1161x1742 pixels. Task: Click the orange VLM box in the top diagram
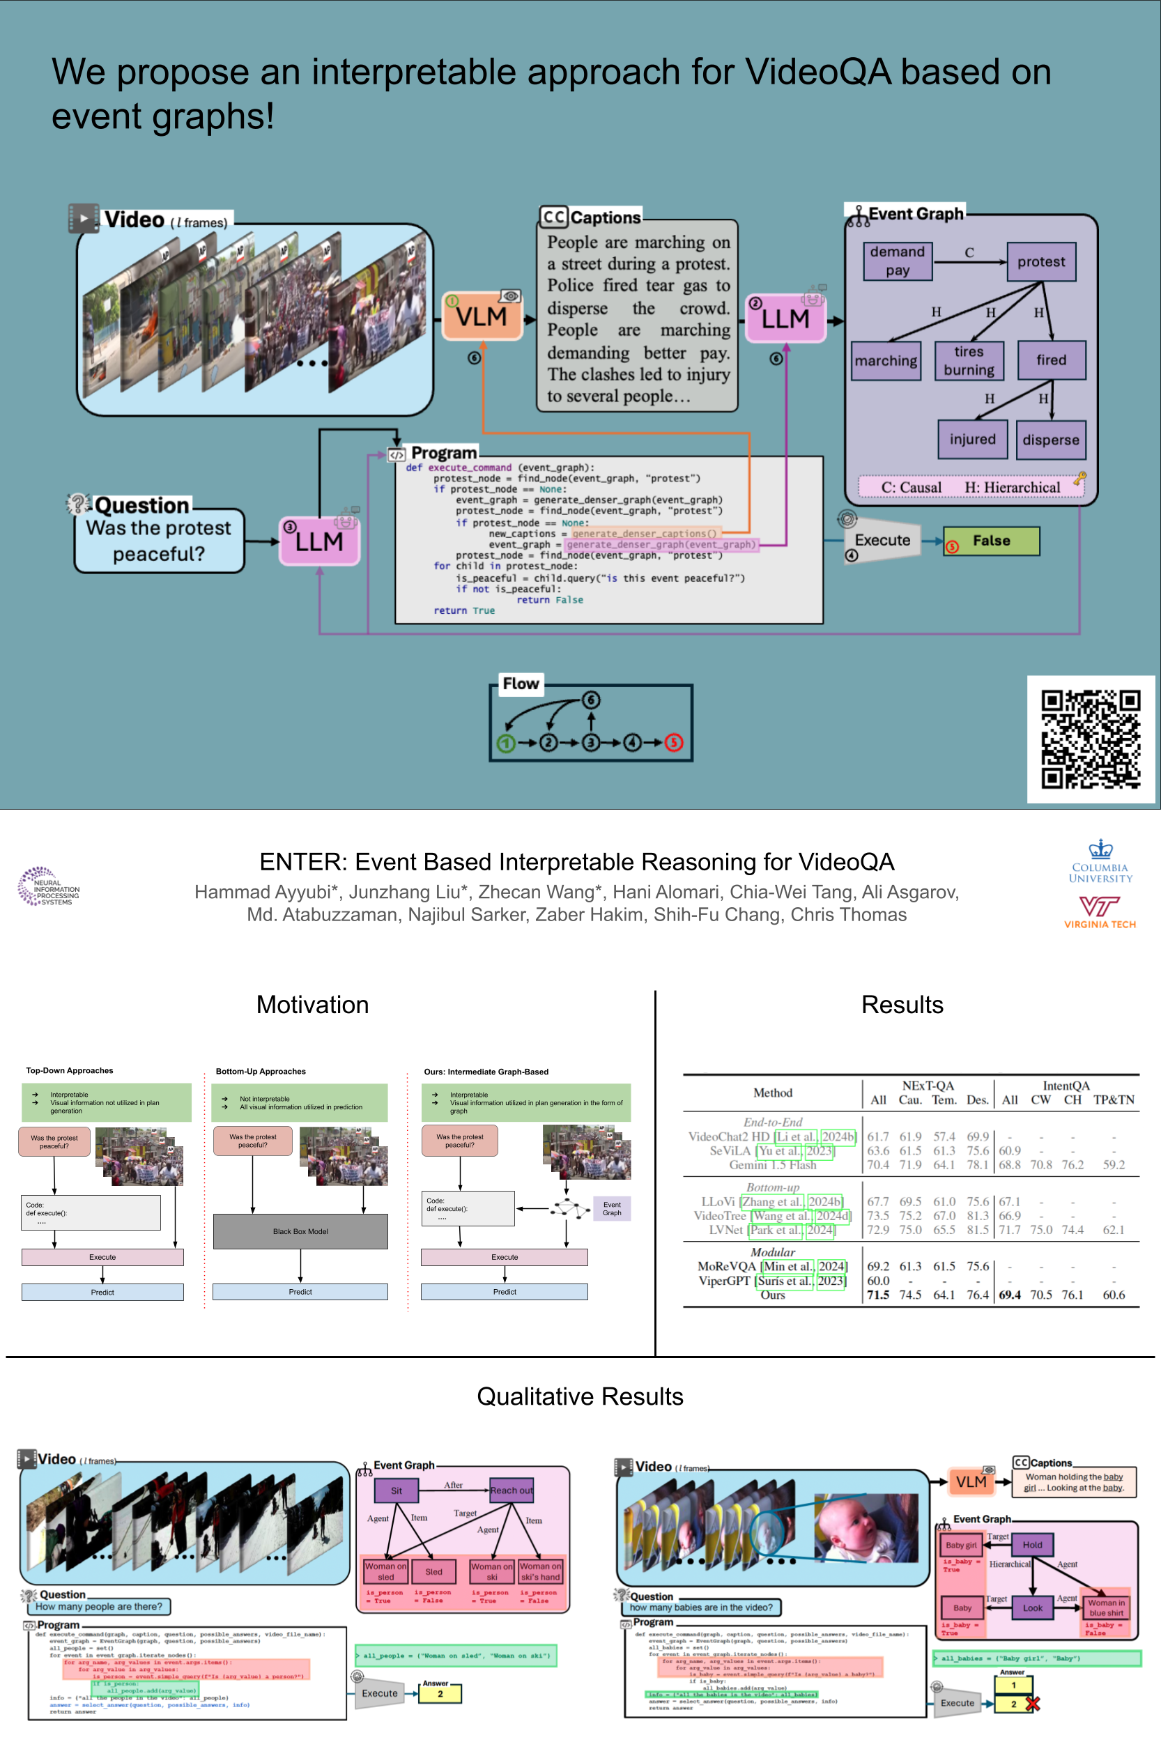(x=482, y=316)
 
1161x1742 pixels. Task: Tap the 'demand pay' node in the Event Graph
(x=898, y=261)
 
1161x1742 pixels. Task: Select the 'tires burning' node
(x=969, y=360)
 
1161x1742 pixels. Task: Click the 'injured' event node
(x=972, y=440)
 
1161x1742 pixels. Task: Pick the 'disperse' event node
(x=1051, y=440)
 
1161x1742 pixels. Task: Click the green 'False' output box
(x=991, y=541)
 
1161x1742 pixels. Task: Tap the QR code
(x=1090, y=739)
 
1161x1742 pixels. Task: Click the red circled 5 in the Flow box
(x=673, y=743)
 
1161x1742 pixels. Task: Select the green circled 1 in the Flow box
(x=506, y=743)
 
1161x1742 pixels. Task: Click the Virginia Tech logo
(x=1100, y=911)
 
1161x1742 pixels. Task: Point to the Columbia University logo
(x=1100, y=863)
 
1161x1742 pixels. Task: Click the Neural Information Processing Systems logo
(x=48, y=888)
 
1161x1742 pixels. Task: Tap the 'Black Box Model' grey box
(x=300, y=1231)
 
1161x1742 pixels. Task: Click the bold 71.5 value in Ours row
(x=877, y=1295)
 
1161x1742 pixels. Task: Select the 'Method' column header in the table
(x=772, y=1093)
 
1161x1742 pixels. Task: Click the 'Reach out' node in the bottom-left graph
(x=511, y=1490)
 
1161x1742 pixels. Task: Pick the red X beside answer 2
(x=1032, y=1704)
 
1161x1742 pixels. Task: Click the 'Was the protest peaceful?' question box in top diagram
(x=158, y=541)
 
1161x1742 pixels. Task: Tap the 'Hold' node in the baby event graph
(x=1032, y=1545)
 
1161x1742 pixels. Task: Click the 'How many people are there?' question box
(x=98, y=1607)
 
